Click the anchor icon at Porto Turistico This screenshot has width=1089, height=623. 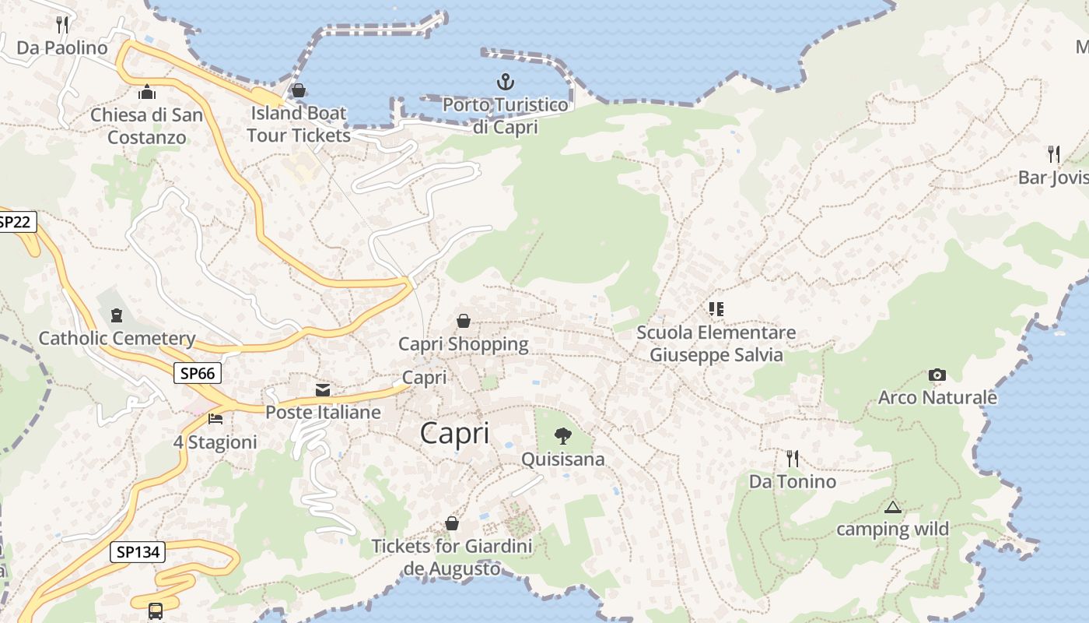click(x=506, y=81)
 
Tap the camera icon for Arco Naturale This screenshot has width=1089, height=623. click(x=937, y=375)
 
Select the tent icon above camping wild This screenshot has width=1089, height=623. click(x=892, y=508)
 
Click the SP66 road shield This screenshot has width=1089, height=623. click(x=197, y=374)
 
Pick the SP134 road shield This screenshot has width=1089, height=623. click(x=138, y=553)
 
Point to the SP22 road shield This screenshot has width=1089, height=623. click(x=15, y=223)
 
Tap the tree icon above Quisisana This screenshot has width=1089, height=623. click(x=562, y=436)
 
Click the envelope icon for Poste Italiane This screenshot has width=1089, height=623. click(x=323, y=389)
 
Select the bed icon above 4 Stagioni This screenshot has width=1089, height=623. click(x=215, y=419)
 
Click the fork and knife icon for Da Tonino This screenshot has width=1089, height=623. click(x=792, y=458)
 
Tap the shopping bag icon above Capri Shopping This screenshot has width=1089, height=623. click(x=464, y=321)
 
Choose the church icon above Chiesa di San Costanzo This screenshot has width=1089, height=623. click(x=147, y=93)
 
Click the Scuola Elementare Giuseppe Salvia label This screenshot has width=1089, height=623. click(x=716, y=343)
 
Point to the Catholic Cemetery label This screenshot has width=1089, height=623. click(x=117, y=338)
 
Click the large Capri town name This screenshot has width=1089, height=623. click(x=455, y=434)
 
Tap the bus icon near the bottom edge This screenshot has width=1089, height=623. click(x=156, y=611)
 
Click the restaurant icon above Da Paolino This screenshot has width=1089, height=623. click(x=62, y=25)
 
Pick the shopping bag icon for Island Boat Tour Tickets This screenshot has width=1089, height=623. click(x=298, y=90)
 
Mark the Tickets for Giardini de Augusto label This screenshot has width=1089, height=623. click(x=452, y=557)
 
